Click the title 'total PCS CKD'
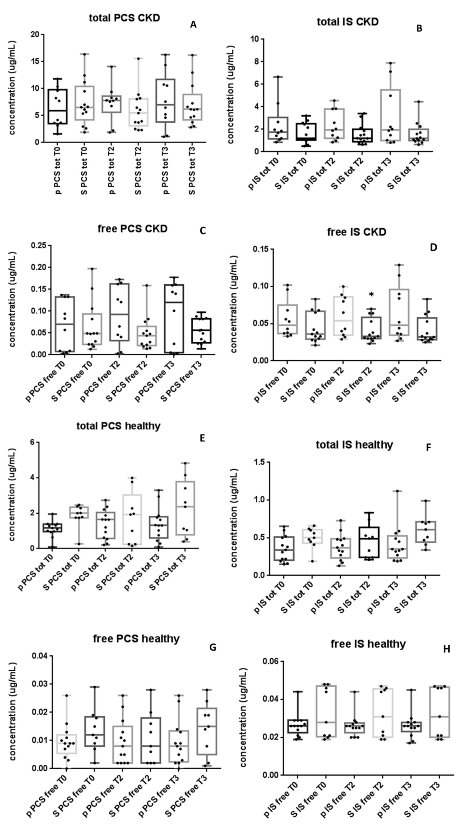tap(124, 18)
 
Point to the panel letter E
tap(202, 438)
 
